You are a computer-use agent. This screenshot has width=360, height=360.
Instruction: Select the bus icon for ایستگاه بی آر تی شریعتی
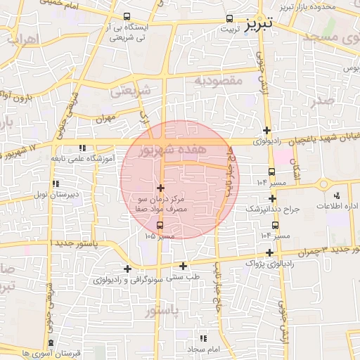127,16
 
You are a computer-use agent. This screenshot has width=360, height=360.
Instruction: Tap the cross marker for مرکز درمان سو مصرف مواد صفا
162,188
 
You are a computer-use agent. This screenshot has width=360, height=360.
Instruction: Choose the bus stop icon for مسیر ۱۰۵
160,225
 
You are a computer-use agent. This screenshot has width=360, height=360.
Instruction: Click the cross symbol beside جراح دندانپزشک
272,199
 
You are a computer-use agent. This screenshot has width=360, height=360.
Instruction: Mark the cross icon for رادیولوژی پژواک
269,252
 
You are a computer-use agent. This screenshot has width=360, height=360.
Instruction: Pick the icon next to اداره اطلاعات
336,195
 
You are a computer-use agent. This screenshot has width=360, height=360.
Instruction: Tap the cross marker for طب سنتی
184,266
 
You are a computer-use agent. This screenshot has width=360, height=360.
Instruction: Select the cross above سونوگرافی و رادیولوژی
127,269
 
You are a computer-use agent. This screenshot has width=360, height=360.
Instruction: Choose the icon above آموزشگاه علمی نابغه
83,148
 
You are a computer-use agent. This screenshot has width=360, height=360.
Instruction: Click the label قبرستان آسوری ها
52,352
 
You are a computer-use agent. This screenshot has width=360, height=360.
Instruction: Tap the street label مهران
105,117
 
